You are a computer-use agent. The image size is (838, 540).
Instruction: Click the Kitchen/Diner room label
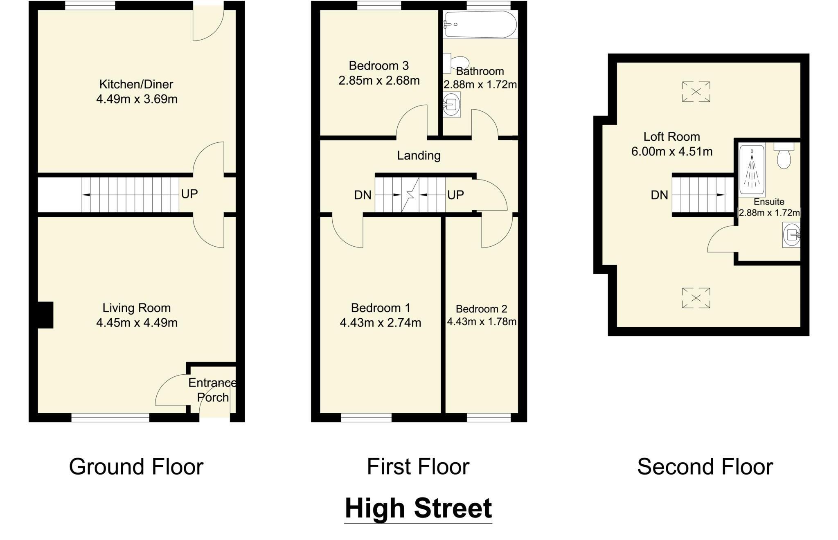(136, 84)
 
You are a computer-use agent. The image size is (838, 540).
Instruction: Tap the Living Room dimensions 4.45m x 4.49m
(137, 323)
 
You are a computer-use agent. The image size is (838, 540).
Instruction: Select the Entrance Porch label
(212, 390)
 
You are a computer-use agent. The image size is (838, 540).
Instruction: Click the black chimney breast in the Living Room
(45, 315)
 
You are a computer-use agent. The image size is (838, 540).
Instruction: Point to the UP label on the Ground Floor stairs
(189, 194)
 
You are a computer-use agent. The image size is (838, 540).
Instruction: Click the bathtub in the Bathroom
(480, 25)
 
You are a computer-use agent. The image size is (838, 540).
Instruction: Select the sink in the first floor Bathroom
(451, 104)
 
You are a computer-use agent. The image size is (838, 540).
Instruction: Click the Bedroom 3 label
(378, 65)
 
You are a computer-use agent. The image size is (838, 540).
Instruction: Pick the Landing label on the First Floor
(419, 155)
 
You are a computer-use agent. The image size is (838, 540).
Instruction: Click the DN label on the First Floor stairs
(363, 195)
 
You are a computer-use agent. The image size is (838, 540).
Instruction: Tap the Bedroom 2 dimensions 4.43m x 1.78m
(482, 322)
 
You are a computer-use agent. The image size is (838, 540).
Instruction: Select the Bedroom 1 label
(381, 308)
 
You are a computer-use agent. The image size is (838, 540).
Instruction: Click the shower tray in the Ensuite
(752, 171)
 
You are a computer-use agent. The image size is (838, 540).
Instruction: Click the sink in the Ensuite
(791, 235)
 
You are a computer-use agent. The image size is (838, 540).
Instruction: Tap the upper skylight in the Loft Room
(696, 91)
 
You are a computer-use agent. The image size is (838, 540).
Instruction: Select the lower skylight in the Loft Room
(696, 298)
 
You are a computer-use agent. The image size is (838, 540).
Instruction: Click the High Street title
(418, 508)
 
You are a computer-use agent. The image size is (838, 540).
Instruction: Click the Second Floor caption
(705, 467)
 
